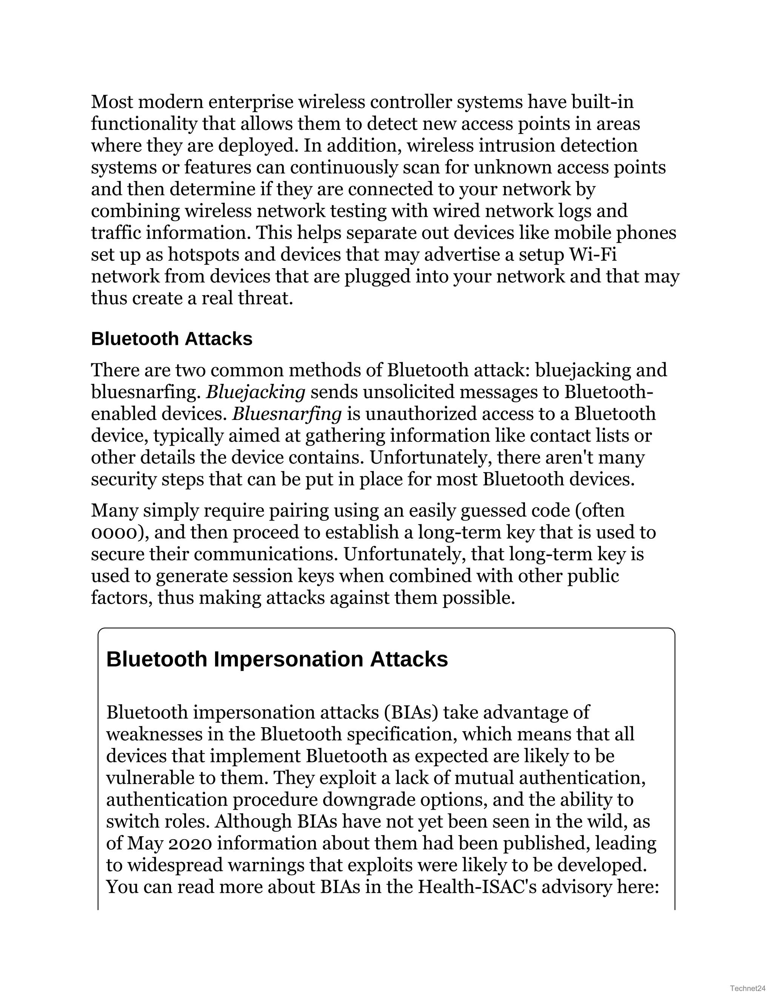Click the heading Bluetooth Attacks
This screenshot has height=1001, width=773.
pyautogui.click(x=172, y=339)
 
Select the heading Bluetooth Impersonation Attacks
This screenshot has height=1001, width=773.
pyautogui.click(x=277, y=660)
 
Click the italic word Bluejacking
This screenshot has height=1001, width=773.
pyautogui.click(x=256, y=392)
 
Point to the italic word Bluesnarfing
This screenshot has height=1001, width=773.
pyautogui.click(x=287, y=414)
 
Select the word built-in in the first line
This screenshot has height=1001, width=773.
pyautogui.click(x=603, y=102)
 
